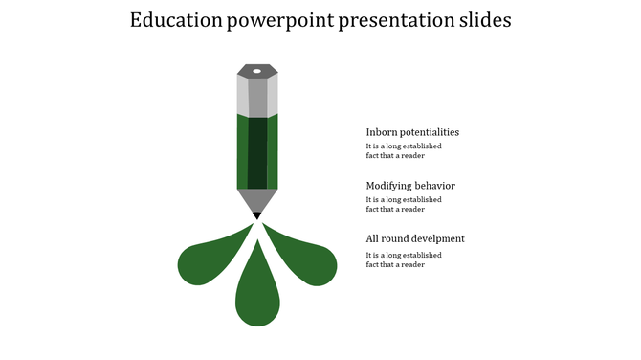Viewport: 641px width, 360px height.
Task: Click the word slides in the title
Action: pos(485,21)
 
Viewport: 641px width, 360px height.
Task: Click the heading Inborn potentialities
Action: pos(412,132)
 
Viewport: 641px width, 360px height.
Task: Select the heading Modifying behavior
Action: pos(410,186)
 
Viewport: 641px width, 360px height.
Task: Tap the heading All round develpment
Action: pos(415,238)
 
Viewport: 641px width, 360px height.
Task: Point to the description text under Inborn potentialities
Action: pos(404,151)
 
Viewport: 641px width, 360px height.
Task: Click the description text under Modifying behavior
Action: pos(404,205)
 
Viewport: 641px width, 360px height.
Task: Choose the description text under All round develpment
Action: pos(404,259)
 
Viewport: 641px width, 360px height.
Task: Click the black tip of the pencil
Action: pos(257,216)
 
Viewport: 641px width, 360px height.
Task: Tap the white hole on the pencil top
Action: pos(257,70)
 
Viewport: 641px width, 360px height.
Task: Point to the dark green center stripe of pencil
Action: pos(257,153)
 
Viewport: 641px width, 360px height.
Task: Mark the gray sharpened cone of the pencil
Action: pos(257,199)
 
